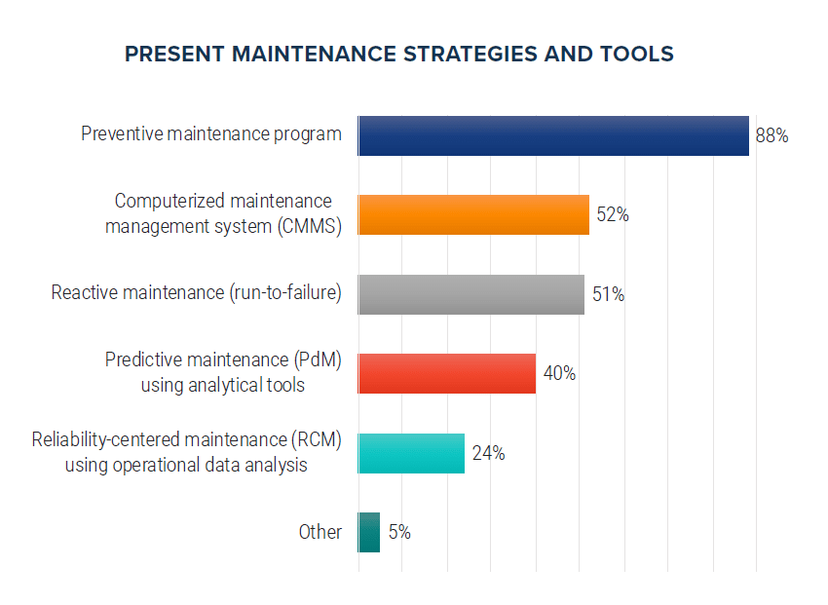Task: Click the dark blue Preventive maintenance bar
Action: click(x=553, y=135)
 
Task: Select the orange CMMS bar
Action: click(x=473, y=214)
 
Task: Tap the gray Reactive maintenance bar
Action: click(x=471, y=294)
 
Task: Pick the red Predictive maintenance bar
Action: click(x=447, y=373)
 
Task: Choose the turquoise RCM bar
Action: click(x=411, y=453)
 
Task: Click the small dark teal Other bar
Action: click(x=369, y=532)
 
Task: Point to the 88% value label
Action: click(x=772, y=136)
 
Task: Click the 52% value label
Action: click(x=613, y=215)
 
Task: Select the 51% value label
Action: click(x=608, y=294)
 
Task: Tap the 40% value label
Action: click(x=559, y=373)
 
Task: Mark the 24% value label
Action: click(x=488, y=453)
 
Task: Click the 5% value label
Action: click(x=399, y=532)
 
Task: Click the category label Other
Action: click(x=320, y=532)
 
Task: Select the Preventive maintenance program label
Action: click(x=211, y=133)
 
